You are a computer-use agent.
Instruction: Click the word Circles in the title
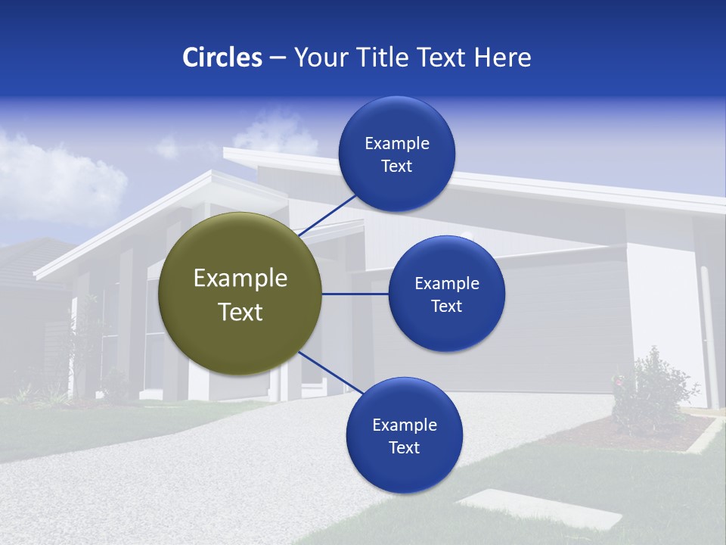pyautogui.click(x=222, y=58)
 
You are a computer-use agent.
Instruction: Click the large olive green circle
pyautogui.click(x=240, y=294)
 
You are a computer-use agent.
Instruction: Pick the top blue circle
pyautogui.click(x=396, y=154)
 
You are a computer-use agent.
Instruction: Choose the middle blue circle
pyautogui.click(x=446, y=294)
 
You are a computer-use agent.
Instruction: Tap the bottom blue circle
pyautogui.click(x=404, y=435)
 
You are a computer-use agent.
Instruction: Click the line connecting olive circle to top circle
pyautogui.click(x=327, y=215)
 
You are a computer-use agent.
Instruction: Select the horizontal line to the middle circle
pyautogui.click(x=355, y=294)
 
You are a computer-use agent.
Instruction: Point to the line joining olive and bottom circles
pyautogui.click(x=331, y=372)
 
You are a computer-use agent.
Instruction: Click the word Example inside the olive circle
pyautogui.click(x=240, y=278)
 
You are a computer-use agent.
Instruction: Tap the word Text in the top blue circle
pyautogui.click(x=396, y=167)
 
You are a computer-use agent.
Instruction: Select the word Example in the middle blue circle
pyautogui.click(x=446, y=283)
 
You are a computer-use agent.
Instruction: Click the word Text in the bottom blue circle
pyautogui.click(x=404, y=447)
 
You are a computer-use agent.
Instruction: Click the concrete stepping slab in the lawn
pyautogui.click(x=540, y=508)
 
